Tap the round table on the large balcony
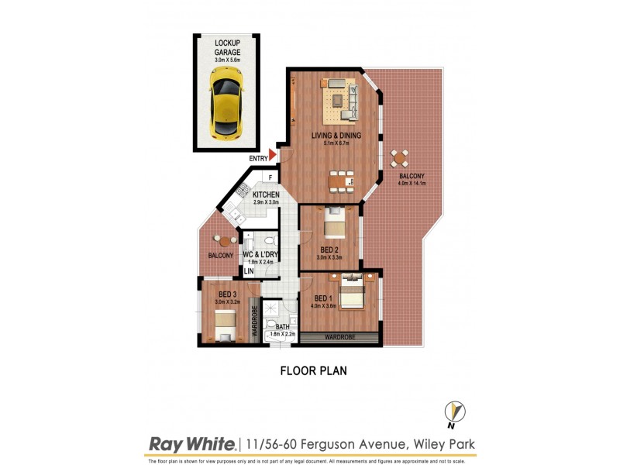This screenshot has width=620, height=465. pyautogui.click(x=399, y=159)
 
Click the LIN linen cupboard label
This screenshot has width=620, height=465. pyautogui.click(x=249, y=271)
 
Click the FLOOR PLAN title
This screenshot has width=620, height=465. pyautogui.click(x=313, y=371)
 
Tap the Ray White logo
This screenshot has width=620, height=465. pyautogui.click(x=191, y=444)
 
